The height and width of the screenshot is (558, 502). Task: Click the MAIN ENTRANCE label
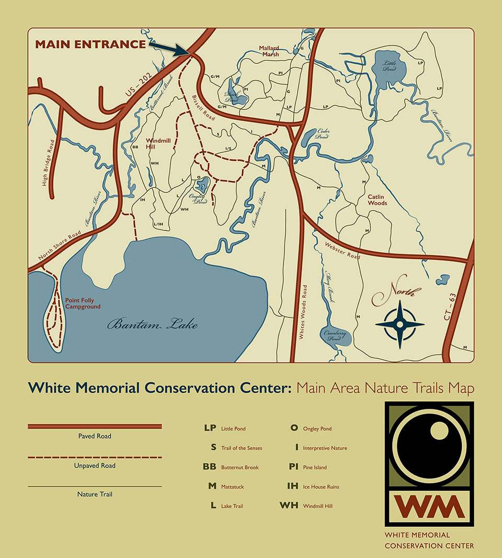pos(90,44)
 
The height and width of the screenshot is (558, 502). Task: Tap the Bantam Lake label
pos(153,325)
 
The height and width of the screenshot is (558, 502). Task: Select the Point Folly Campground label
pos(83,304)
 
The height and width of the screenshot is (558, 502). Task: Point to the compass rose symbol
pos(400,324)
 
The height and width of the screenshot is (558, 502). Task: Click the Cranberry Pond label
pos(335,335)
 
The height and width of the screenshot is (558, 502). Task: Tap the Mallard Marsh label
pos(269,51)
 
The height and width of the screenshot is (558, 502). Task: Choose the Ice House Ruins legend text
pos(321,487)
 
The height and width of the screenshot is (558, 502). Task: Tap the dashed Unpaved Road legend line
pos(95,457)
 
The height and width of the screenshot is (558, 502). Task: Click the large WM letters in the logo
pos(429,506)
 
